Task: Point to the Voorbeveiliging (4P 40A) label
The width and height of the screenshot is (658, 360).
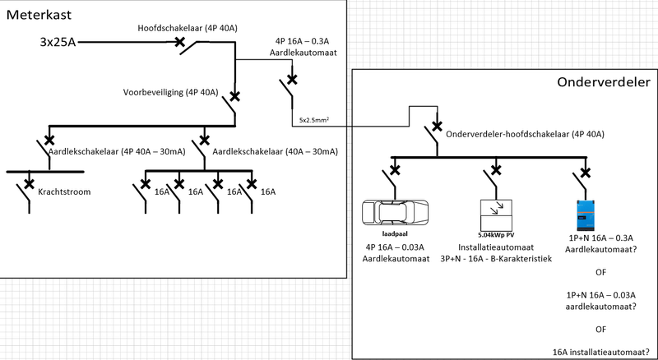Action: [170, 92]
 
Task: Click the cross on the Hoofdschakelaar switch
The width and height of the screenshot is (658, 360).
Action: [180, 42]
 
